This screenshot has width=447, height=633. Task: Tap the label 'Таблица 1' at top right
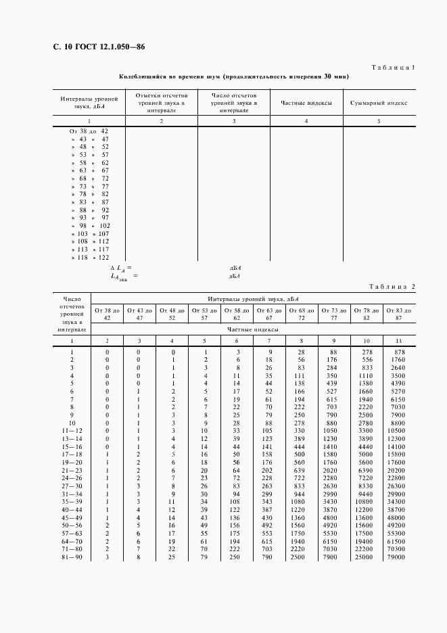(392, 68)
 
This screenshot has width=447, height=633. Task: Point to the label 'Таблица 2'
(392, 286)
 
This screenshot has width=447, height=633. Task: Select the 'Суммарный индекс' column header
(379, 103)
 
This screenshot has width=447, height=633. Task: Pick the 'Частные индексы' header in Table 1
(306, 103)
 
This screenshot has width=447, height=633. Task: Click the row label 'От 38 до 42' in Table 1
(89, 130)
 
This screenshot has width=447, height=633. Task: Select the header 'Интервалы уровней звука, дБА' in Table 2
(254, 298)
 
